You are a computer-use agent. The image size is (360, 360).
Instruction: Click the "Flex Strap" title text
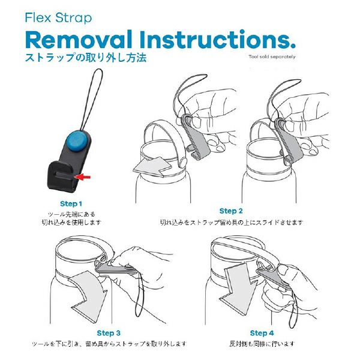(58, 18)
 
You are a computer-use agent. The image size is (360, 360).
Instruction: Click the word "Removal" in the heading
(79, 40)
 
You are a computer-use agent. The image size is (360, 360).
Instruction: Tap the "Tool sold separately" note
(272, 57)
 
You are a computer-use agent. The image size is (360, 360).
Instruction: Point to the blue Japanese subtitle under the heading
(86, 58)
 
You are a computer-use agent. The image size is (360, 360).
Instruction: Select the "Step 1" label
(71, 203)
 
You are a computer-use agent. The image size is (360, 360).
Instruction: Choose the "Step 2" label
(231, 211)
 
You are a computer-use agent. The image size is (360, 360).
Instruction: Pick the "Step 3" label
(109, 333)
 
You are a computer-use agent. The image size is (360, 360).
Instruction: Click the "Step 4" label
(262, 333)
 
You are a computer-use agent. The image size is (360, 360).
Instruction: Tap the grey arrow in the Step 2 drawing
(152, 166)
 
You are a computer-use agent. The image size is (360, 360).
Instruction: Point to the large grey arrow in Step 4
(239, 289)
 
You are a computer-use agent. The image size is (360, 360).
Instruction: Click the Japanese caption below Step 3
(109, 344)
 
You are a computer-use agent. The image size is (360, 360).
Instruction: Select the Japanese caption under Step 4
(262, 344)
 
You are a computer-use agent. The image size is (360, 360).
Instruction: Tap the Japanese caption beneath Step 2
(232, 222)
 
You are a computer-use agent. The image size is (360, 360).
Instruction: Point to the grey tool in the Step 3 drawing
(115, 268)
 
